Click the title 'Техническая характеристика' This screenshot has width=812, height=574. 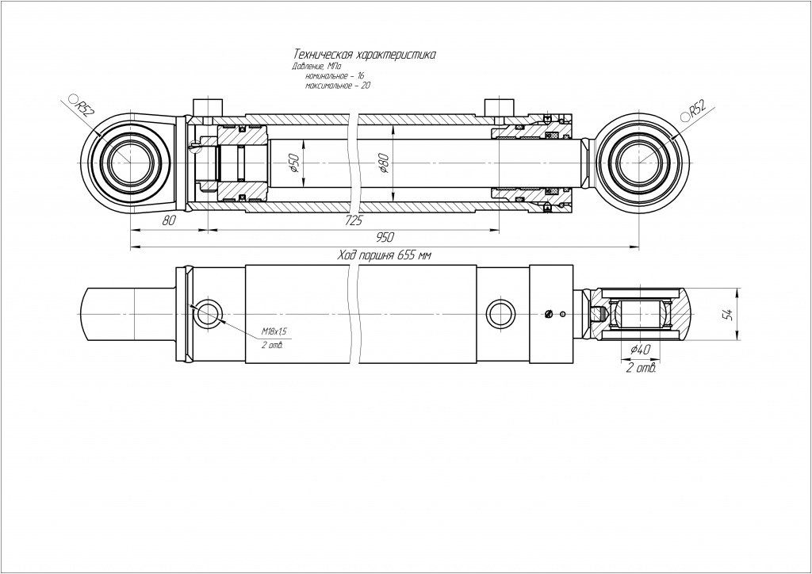point(364,55)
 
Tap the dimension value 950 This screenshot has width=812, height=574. point(385,238)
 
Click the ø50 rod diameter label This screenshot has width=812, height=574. point(293,163)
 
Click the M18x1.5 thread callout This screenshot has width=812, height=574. point(274,331)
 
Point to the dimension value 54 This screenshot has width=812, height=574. point(727,314)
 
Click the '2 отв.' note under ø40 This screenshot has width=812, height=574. point(640,368)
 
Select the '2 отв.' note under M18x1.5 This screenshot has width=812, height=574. point(272,346)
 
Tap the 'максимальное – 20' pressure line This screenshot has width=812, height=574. point(338,85)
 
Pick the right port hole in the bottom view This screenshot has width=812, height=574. point(500,313)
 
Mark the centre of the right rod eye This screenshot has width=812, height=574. point(638,161)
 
